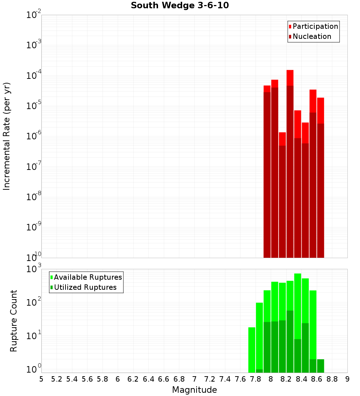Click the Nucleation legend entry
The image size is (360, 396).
(x=312, y=36)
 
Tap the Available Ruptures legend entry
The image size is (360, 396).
(x=88, y=277)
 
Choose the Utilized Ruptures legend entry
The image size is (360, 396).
(x=85, y=287)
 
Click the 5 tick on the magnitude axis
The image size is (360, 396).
(x=41, y=379)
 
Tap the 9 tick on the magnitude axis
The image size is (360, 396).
(x=347, y=379)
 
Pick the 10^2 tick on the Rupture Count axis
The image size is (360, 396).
(x=34, y=302)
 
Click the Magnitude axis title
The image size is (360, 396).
(x=194, y=390)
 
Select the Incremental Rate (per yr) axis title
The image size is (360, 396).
(x=7, y=136)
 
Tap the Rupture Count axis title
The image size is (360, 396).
(x=14, y=321)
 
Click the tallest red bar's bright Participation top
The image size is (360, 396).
(x=290, y=77)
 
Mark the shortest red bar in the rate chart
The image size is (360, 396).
(x=282, y=139)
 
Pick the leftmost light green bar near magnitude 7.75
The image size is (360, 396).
(x=252, y=349)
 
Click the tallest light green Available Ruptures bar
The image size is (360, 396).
(x=298, y=306)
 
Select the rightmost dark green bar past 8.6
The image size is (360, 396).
(x=320, y=365)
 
